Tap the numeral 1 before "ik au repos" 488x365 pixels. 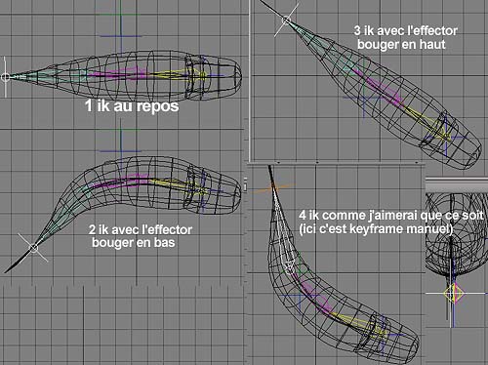pyautogui.click(x=89, y=106)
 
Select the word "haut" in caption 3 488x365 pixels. pyautogui.click(x=432, y=44)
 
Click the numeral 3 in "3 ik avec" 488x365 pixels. pyautogui.click(x=357, y=31)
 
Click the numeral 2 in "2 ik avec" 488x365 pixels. pyautogui.click(x=92, y=229)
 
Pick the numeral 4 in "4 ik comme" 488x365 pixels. pyautogui.click(x=303, y=216)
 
